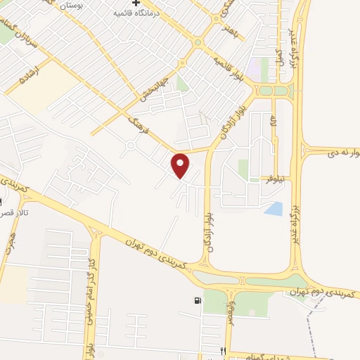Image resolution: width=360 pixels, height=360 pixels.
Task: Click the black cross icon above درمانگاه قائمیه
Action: [136, 3]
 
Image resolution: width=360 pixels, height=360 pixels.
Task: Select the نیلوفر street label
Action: [274, 178]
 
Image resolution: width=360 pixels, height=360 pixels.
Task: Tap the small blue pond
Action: [274, 207]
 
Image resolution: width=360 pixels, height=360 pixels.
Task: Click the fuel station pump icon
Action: [196, 302]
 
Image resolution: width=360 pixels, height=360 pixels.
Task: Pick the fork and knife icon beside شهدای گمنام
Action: [224, 350]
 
